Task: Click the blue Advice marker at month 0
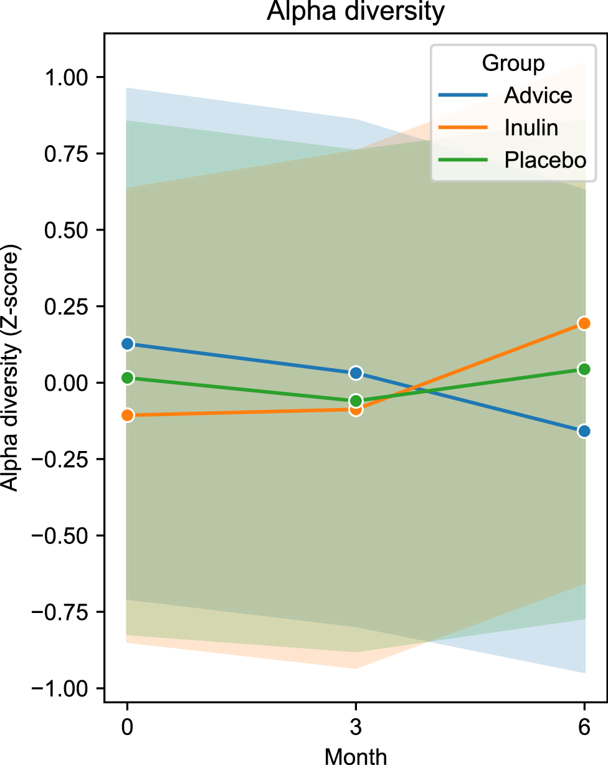(x=128, y=344)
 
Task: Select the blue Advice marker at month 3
(x=356, y=373)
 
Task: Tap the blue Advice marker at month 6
(x=584, y=431)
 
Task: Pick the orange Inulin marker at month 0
(x=128, y=415)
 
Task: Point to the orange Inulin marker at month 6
(x=584, y=323)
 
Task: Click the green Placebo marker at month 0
(x=128, y=378)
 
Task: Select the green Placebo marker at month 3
(x=356, y=400)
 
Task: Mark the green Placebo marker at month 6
(x=584, y=369)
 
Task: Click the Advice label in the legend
(x=538, y=95)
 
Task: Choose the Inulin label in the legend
(x=531, y=128)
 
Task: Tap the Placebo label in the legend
(x=545, y=160)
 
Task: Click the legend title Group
(x=513, y=64)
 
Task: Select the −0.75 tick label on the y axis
(x=63, y=612)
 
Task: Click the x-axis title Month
(x=356, y=755)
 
